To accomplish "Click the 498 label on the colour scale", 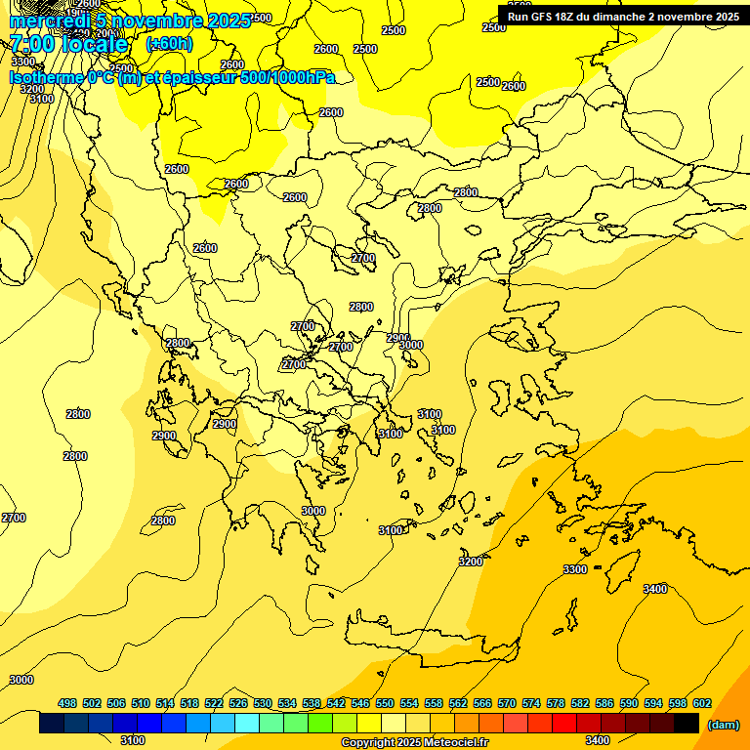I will tap(67, 703).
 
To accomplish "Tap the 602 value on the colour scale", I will tap(702, 703).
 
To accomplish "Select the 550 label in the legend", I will tap(385, 703).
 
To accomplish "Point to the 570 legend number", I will tap(507, 703).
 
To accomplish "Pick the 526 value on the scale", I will tap(238, 703).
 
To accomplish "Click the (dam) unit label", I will tap(723, 724).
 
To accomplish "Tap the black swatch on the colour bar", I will tap(687, 724).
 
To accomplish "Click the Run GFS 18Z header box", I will tap(623, 16).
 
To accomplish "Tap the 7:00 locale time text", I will tap(69, 45).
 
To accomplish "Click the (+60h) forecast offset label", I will tap(169, 44).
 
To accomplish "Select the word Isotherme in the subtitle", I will tap(46, 78).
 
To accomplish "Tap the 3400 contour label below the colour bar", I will tap(598, 741).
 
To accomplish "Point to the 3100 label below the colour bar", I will tap(133, 741).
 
